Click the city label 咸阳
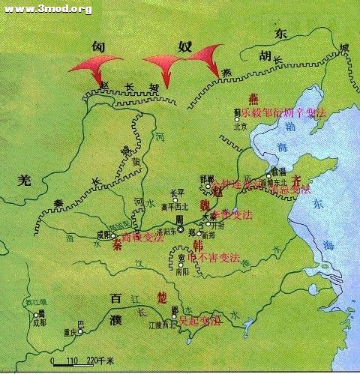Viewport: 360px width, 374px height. click(103, 234)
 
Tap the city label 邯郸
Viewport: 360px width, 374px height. click(208, 178)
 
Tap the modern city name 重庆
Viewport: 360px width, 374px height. click(70, 331)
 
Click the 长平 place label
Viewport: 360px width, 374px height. click(177, 191)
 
